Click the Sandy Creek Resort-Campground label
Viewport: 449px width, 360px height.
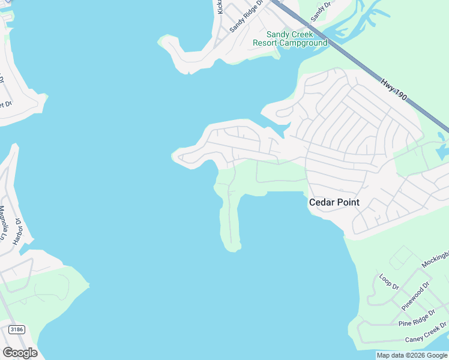click(x=290, y=39)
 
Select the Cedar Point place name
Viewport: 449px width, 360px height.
click(x=334, y=202)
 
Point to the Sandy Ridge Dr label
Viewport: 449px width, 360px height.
click(x=247, y=16)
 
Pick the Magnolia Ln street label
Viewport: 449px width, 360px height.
click(x=4, y=223)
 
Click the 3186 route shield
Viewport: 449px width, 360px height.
click(x=16, y=330)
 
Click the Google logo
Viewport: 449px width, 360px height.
click(x=20, y=353)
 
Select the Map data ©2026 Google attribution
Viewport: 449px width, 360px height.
click(x=412, y=355)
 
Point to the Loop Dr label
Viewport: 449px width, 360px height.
click(x=389, y=282)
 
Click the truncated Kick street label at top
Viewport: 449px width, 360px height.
click(x=220, y=7)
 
